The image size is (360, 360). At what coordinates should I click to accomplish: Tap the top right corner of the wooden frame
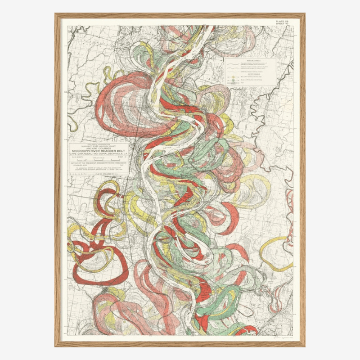coord(304,14)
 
